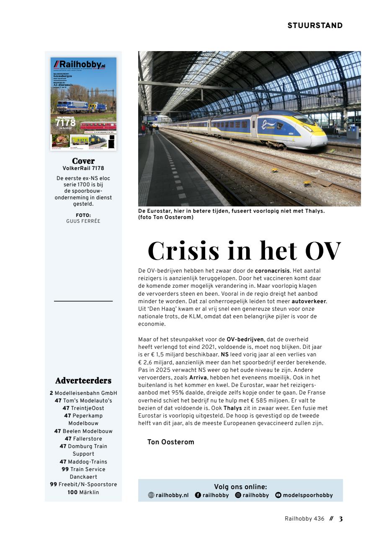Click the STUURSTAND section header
[x=315, y=26]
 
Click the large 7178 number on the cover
[x=66, y=123]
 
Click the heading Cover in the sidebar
[x=83, y=161]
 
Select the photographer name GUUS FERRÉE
[x=83, y=221]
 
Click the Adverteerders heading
[x=83, y=381]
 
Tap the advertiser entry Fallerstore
[x=88, y=439]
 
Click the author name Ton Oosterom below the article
[x=170, y=442]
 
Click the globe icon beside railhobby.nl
[x=151, y=495]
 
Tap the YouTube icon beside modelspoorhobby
[x=278, y=495]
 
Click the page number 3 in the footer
[x=340, y=519]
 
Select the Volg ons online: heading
[x=240, y=487]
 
